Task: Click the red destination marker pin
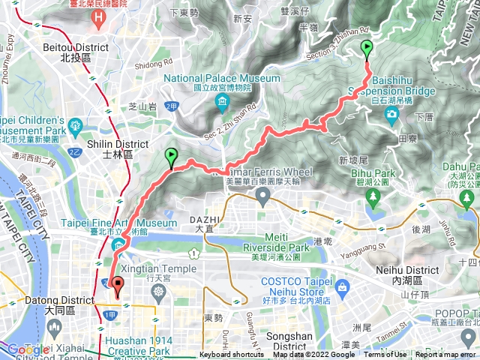click(118, 283)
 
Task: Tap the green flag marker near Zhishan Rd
click(367, 50)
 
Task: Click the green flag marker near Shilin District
click(171, 157)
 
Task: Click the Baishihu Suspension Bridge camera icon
click(391, 114)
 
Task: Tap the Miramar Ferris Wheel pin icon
click(262, 196)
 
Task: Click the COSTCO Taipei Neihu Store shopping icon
click(342, 286)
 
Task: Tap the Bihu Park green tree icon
click(373, 197)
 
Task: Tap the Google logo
click(27, 349)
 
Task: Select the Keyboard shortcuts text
click(231, 355)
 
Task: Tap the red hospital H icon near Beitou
click(98, 14)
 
